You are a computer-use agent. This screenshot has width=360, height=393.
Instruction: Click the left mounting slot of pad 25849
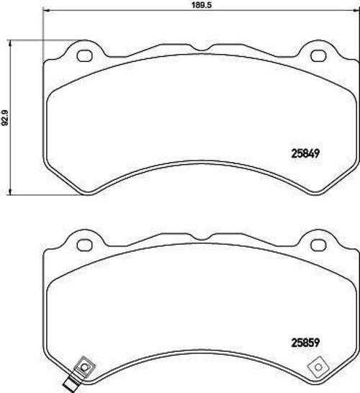[82, 55]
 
